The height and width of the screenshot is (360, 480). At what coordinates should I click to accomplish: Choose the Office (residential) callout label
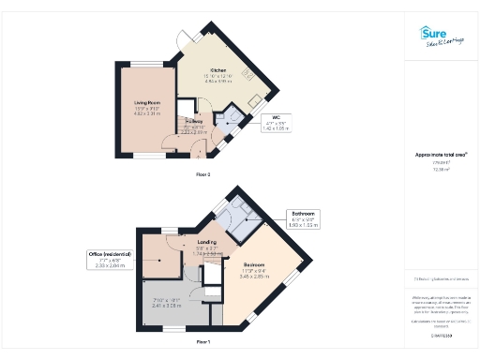coord(110,260)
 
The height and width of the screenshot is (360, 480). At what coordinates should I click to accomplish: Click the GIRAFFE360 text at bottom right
coord(442,335)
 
